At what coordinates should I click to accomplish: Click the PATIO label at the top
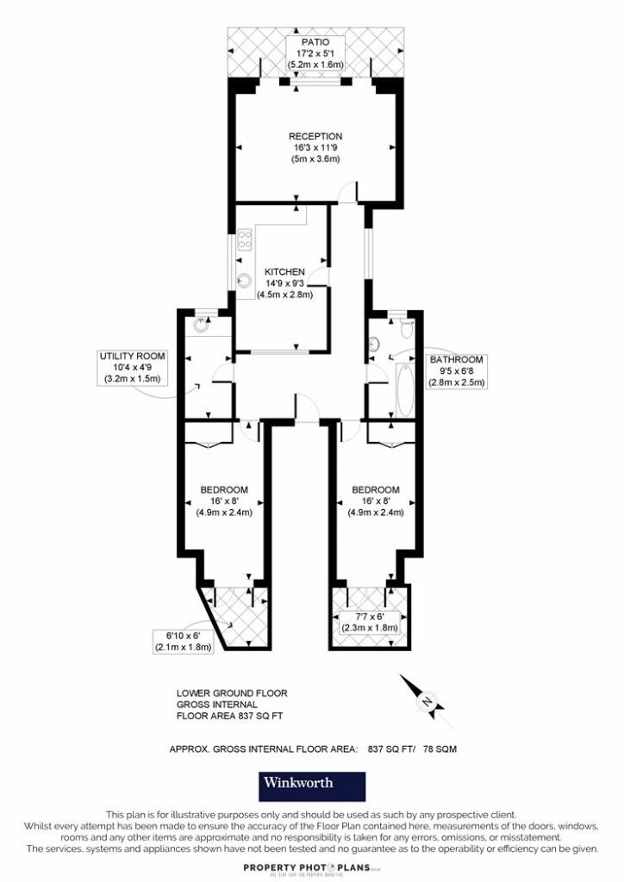coord(315,41)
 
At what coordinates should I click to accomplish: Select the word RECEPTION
coord(315,136)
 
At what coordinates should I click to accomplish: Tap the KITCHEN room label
coord(284,271)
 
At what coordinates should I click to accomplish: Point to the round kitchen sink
coord(245,279)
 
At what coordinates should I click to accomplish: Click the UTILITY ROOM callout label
coord(132,356)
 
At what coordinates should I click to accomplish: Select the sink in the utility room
coord(202,326)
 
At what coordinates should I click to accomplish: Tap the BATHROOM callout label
coord(457,360)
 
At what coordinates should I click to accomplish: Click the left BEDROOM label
coord(224,490)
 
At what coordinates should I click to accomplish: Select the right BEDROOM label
coord(376,490)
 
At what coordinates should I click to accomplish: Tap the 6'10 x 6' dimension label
coord(183,635)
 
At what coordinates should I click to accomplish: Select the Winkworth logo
coord(312,785)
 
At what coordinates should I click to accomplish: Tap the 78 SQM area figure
coord(440,749)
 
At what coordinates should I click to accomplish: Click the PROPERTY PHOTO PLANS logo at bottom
coord(312,867)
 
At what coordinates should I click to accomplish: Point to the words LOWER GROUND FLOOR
coord(232,693)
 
